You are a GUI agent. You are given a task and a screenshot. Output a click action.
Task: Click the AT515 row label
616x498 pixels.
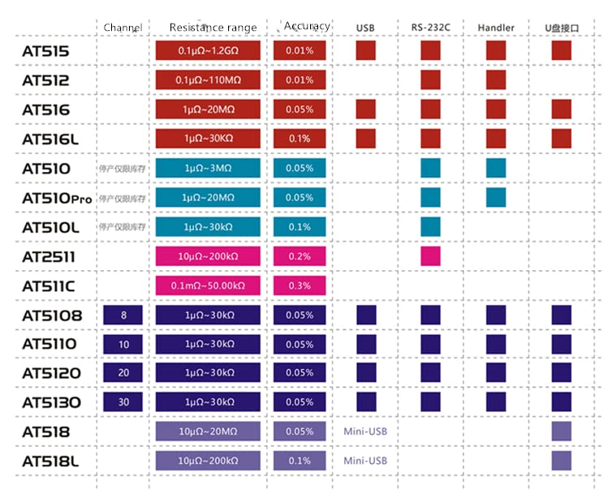(x=45, y=52)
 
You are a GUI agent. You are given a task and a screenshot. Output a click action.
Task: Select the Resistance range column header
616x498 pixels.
(x=213, y=28)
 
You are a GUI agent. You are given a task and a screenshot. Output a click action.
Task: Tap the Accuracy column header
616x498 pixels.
(x=307, y=26)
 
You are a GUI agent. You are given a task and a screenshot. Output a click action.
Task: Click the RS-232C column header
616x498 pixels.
(x=430, y=28)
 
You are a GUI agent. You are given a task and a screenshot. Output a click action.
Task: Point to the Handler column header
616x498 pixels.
(x=496, y=28)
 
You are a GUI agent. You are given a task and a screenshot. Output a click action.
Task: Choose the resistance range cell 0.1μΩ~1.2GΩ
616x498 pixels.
(x=208, y=51)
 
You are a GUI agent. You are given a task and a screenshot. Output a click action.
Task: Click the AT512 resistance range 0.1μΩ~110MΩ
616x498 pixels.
(x=208, y=80)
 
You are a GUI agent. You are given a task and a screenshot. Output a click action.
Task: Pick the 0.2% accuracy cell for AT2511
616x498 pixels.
(x=299, y=256)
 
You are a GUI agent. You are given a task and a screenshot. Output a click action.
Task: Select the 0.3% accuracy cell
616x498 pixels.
(x=299, y=285)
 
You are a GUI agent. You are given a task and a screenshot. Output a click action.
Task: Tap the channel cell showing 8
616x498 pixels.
(x=123, y=315)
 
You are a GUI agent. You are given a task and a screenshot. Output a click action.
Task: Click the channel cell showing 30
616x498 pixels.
(x=123, y=402)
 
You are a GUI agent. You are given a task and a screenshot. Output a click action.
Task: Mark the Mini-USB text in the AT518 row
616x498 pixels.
(x=365, y=431)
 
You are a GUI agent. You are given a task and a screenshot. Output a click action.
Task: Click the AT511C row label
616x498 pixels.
(x=49, y=286)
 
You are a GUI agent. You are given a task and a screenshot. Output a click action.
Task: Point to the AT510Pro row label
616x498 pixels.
(x=58, y=198)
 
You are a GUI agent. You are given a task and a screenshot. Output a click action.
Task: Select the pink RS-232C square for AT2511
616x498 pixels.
(x=430, y=256)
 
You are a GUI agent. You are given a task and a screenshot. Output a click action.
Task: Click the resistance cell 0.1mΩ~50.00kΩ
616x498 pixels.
(x=208, y=285)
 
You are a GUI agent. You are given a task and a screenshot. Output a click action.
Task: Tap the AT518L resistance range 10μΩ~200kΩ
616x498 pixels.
(x=208, y=461)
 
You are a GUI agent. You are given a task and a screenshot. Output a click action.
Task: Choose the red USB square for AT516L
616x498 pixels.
(x=365, y=139)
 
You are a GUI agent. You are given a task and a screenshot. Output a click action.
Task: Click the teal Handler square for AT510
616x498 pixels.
(x=496, y=168)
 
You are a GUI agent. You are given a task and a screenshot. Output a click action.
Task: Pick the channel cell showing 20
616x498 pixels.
(x=123, y=373)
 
